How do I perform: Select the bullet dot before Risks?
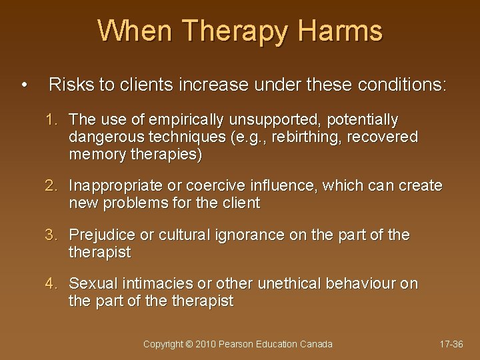pyautogui.click(x=24, y=85)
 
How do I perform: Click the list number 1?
pyautogui.click(x=51, y=120)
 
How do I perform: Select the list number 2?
pyautogui.click(x=51, y=185)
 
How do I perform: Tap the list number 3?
pyautogui.click(x=51, y=235)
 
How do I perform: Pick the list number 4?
pyautogui.click(x=51, y=284)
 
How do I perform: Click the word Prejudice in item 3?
pyautogui.click(x=103, y=235)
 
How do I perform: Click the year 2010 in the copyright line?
pyautogui.click(x=205, y=344)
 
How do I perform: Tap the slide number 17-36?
pyautogui.click(x=451, y=344)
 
